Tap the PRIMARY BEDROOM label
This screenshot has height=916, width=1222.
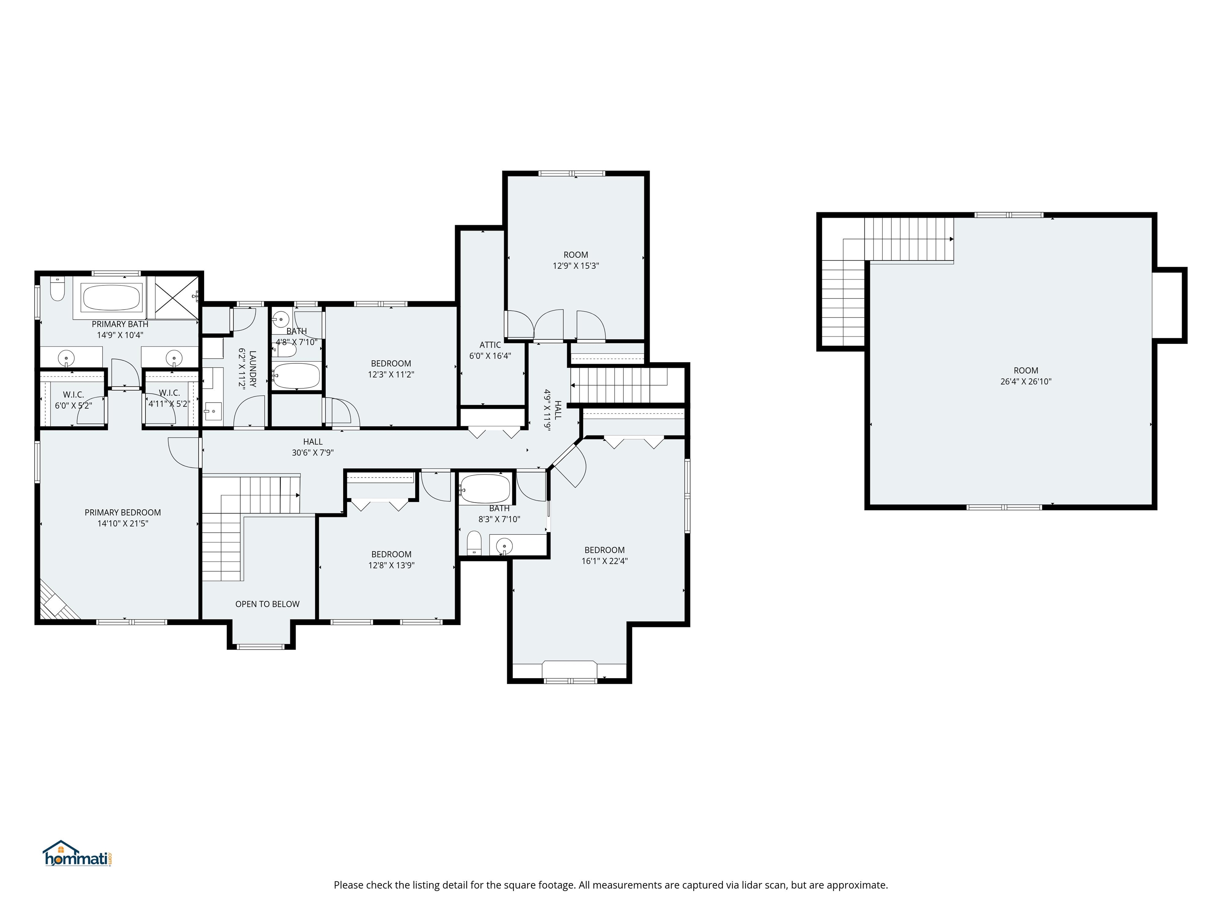(123, 512)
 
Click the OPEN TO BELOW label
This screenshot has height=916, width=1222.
(267, 604)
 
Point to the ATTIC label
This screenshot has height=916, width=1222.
(490, 345)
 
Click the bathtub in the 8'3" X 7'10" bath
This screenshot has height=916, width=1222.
(485, 488)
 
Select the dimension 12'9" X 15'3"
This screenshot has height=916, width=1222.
(576, 266)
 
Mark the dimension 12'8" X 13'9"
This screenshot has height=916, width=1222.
(391, 565)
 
